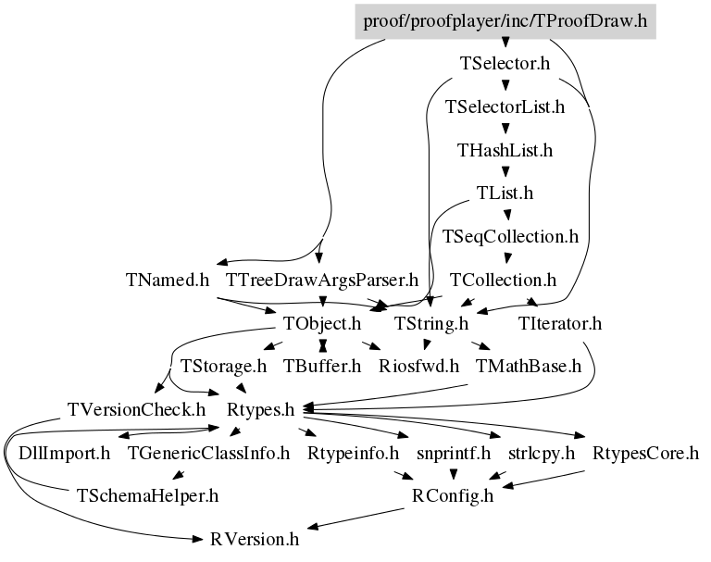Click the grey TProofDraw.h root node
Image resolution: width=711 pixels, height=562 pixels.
click(505, 21)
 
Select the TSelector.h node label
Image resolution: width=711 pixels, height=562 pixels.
click(505, 64)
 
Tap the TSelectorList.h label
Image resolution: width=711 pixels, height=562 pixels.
click(505, 107)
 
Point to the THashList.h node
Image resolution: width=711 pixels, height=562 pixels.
click(505, 150)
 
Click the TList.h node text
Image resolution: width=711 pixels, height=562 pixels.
click(505, 194)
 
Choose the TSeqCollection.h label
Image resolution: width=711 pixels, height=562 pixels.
click(510, 237)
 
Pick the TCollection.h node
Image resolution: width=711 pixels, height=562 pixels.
click(503, 280)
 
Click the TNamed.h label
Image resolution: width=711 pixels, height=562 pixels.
click(168, 280)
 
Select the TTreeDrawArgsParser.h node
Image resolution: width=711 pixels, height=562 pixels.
click(322, 280)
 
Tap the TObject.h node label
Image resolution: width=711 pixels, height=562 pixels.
click(322, 323)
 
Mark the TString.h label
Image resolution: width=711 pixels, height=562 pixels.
click(430, 323)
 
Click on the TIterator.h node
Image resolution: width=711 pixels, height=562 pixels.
click(560, 323)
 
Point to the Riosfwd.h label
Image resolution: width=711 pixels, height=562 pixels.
click(418, 366)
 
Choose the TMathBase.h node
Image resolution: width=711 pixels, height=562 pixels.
click(529, 366)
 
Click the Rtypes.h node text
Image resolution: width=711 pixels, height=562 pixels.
click(261, 409)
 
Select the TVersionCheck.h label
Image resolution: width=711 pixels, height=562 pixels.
click(136, 409)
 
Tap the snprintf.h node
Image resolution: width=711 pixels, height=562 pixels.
click(454, 453)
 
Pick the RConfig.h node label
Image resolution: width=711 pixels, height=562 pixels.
click(453, 495)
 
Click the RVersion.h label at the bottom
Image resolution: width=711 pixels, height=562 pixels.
click(255, 540)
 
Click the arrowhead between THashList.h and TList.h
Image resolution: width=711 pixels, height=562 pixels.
click(505, 172)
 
